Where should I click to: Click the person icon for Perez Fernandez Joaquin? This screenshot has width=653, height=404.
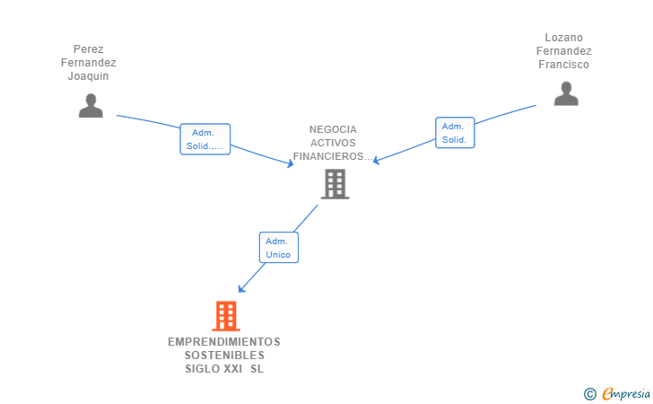click(91, 105)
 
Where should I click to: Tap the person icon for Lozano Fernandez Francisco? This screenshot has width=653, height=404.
click(566, 93)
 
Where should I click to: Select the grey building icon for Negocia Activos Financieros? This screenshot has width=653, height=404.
click(335, 184)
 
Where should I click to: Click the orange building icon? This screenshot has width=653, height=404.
click(226, 316)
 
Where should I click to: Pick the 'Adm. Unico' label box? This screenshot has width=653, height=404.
click(279, 248)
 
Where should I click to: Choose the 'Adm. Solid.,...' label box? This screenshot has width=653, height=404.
click(205, 139)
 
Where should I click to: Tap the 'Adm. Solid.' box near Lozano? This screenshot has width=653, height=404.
click(455, 133)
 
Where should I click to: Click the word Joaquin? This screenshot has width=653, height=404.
click(88, 76)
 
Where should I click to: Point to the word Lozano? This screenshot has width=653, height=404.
click(564, 38)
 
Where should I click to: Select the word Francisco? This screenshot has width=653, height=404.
click(564, 65)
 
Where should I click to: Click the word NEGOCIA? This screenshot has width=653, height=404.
click(333, 129)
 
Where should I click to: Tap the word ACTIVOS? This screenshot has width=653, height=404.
click(333, 143)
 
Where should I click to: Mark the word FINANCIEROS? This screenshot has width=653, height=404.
click(327, 156)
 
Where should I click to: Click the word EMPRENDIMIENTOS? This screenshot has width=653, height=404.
click(224, 342)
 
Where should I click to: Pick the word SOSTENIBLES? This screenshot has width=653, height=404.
click(224, 356)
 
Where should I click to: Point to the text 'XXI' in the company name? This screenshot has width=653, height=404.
click(233, 369)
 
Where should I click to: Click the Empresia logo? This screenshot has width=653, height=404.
click(626, 394)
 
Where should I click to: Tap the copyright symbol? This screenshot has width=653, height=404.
click(589, 394)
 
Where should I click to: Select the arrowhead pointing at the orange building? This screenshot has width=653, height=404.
click(241, 289)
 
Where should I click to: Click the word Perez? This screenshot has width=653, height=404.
click(88, 49)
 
